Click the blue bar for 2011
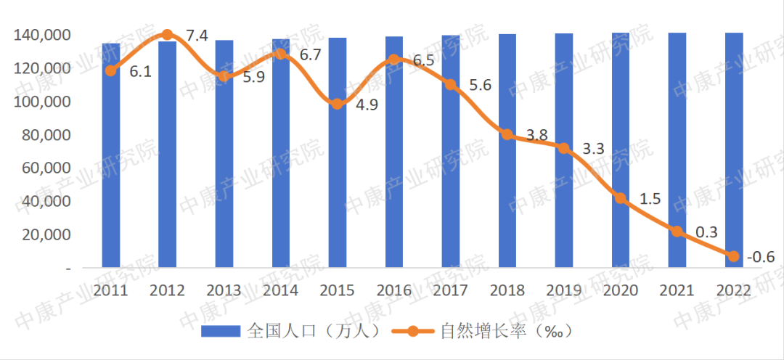[110, 156]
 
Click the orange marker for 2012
[167, 35]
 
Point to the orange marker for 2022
[733, 256]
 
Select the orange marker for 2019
[563, 148]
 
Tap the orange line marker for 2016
[393, 60]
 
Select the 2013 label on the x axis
[224, 291]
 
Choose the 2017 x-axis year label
[450, 291]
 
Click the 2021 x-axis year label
[677, 291]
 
